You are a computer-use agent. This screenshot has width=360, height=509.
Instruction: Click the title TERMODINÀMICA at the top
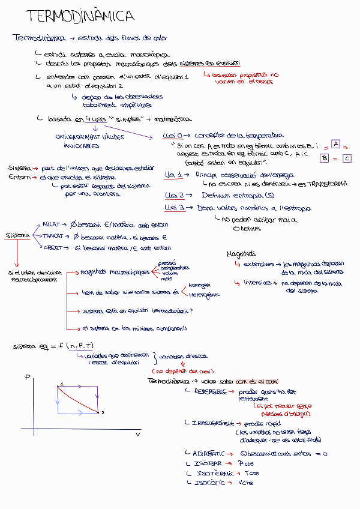(x=80, y=16)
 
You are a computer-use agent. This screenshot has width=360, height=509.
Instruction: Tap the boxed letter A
(x=335, y=144)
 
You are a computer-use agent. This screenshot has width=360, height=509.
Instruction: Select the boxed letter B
(x=325, y=158)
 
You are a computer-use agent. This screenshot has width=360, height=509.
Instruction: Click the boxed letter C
(x=347, y=158)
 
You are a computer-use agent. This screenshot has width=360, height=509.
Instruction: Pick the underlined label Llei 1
(x=174, y=174)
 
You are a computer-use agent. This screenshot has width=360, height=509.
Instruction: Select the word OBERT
(x=52, y=247)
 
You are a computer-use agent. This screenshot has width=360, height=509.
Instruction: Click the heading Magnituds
(x=241, y=253)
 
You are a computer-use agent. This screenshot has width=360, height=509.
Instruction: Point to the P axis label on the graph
(x=28, y=377)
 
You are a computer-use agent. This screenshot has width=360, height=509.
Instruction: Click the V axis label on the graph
(x=137, y=434)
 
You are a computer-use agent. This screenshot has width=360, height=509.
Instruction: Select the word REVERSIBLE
(x=210, y=391)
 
